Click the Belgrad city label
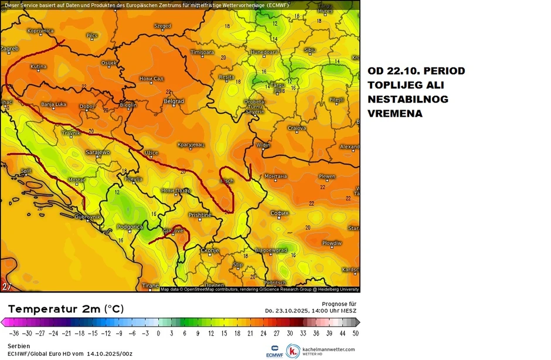point(174,101)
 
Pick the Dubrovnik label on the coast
point(87,217)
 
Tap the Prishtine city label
point(199,215)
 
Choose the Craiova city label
point(297,128)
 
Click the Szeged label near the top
point(162,26)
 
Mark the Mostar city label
point(77,180)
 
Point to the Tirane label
point(150,286)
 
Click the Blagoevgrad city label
point(271,250)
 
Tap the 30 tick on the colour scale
point(290,332)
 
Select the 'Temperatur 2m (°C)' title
point(66,309)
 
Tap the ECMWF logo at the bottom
point(274,351)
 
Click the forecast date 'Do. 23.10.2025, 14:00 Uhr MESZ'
point(311,311)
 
